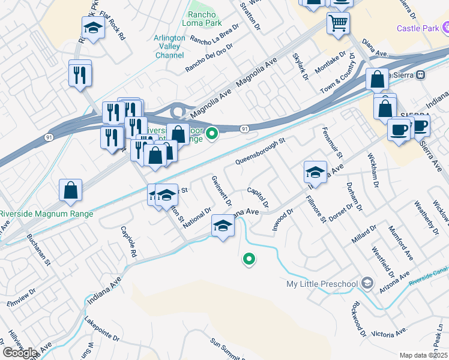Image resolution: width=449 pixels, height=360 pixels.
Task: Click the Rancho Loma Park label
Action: (206, 20)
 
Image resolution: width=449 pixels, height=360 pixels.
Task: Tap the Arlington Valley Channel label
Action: (169, 46)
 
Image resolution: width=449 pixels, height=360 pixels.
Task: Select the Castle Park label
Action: (416, 28)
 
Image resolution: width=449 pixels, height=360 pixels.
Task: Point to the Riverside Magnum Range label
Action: (46, 214)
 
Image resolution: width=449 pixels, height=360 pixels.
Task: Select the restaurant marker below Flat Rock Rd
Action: (80, 74)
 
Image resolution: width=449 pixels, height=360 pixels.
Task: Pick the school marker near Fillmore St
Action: (315, 173)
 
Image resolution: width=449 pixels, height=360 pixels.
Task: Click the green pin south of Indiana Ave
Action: (248, 259)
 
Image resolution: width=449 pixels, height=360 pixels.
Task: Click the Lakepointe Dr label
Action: (102, 329)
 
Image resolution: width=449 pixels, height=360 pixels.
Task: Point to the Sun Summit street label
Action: (226, 350)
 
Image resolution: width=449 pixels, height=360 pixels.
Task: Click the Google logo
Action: (19, 353)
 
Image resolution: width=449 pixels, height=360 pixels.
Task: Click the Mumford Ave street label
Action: (401, 242)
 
